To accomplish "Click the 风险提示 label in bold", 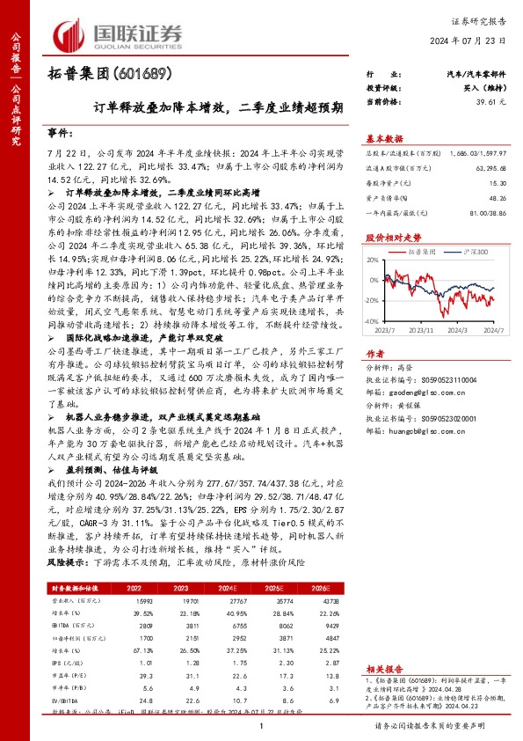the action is coord(68,561).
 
